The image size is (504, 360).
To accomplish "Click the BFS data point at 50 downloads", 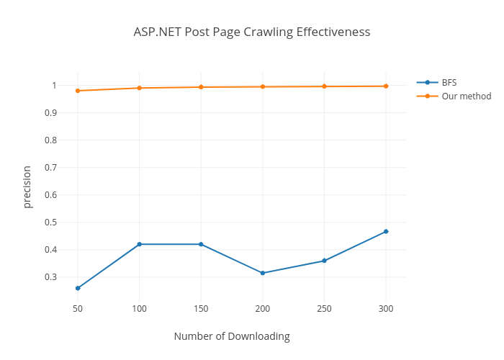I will tap(78, 288).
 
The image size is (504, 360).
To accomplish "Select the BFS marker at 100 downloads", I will tap(139, 244).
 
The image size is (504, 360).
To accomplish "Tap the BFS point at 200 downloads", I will tap(263, 273).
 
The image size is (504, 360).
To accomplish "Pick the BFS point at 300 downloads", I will tap(386, 231).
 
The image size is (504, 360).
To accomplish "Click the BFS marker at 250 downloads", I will tap(324, 261).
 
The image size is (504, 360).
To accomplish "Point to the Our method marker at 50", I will tap(78, 91).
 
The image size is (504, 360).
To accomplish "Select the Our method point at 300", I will tap(386, 86).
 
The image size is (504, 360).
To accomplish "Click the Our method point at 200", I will tap(263, 87).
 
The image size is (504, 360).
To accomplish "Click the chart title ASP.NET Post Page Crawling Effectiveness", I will tap(252, 32).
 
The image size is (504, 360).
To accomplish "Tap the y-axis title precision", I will tap(27, 187).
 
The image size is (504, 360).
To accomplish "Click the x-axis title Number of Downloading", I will tap(232, 336).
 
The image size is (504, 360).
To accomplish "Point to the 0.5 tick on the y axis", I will tap(49, 222).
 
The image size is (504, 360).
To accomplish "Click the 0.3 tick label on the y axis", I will tap(49, 277).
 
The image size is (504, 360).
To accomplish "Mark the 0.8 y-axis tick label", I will tap(49, 140).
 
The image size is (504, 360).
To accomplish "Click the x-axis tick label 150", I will tap(201, 308).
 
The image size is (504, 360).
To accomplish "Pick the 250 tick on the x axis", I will tap(324, 308).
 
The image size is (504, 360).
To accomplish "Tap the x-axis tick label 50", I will tap(78, 308).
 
